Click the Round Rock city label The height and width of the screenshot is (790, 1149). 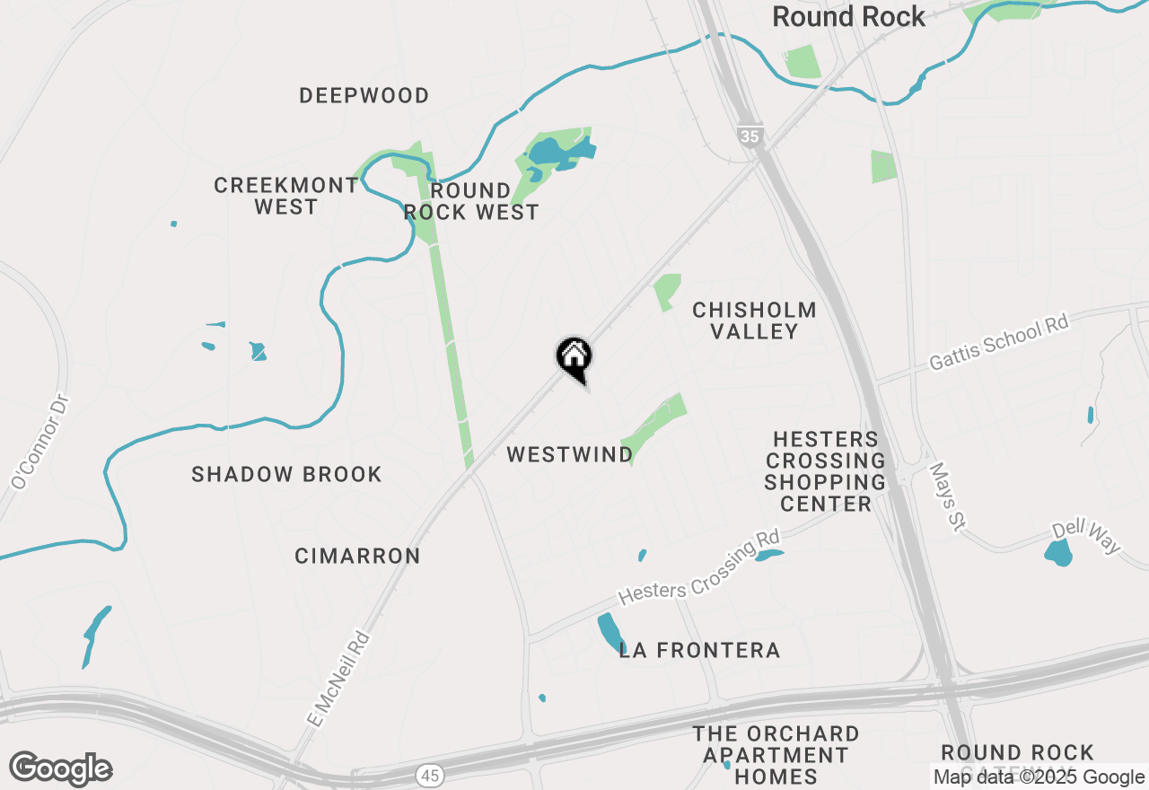pos(848,17)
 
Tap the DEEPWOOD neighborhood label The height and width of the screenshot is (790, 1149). pos(364,95)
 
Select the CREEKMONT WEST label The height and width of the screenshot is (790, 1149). pos(285,196)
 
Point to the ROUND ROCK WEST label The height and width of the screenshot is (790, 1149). pos(471,201)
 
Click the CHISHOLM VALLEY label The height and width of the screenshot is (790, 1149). pos(754,320)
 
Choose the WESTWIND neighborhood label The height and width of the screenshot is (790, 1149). pos(570,454)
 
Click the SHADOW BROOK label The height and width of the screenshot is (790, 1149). pos(286,474)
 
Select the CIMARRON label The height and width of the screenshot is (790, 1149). pos(357,556)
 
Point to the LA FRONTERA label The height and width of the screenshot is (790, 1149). pos(699,650)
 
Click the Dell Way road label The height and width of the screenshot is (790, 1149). pos(1087,536)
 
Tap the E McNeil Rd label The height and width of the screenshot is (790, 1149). pos(338,679)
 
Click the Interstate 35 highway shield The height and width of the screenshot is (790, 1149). pos(750,136)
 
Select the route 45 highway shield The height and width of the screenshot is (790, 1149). pos(428,773)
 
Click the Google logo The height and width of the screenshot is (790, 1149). pos(60,768)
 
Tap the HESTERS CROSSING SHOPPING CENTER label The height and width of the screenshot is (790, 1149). pos(825,471)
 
